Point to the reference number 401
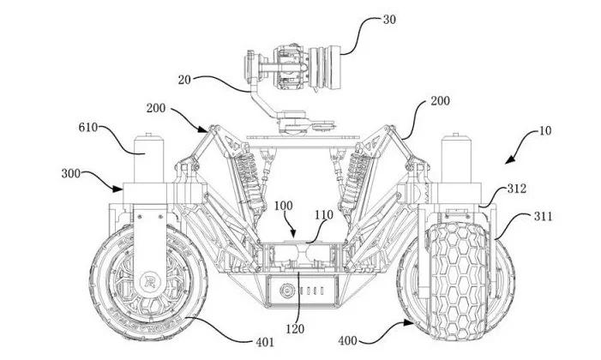click(x=265, y=341)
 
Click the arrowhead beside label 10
click(x=507, y=161)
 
